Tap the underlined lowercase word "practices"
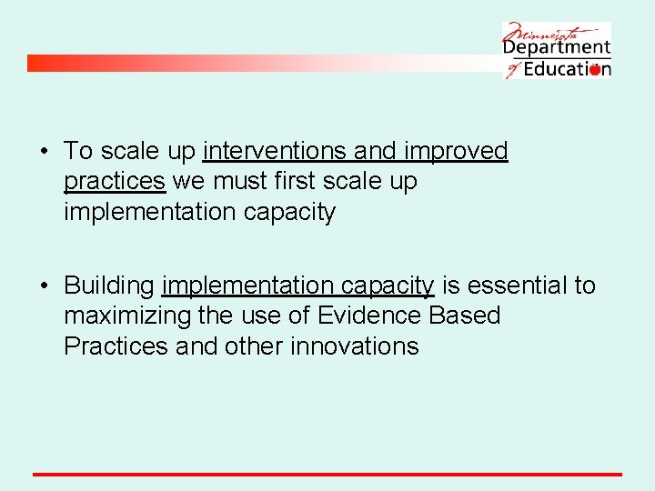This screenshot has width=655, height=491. click(x=115, y=182)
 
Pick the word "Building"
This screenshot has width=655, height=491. click(x=109, y=286)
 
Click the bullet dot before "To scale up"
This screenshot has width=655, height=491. click(x=45, y=152)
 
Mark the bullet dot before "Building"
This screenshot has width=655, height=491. click(x=45, y=286)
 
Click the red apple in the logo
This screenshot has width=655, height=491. click(x=595, y=70)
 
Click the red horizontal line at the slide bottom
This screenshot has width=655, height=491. click(x=327, y=474)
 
